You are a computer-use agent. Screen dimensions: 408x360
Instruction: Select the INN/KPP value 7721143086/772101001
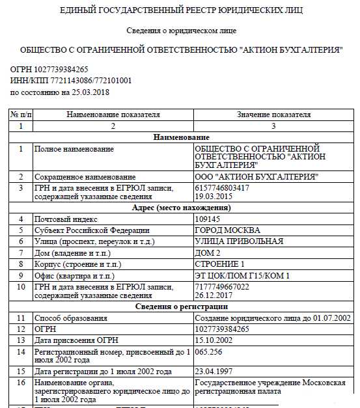tap(88, 81)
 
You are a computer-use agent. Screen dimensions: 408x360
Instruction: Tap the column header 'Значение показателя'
tap(273, 115)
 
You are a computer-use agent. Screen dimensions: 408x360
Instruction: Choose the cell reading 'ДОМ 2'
tap(208, 252)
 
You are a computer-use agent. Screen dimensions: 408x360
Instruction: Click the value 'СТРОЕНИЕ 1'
tap(219, 264)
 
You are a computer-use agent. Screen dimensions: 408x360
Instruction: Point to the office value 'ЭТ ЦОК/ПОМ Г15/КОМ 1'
tap(242, 275)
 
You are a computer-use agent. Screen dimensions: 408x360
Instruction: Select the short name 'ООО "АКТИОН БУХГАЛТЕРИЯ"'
tap(256, 177)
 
